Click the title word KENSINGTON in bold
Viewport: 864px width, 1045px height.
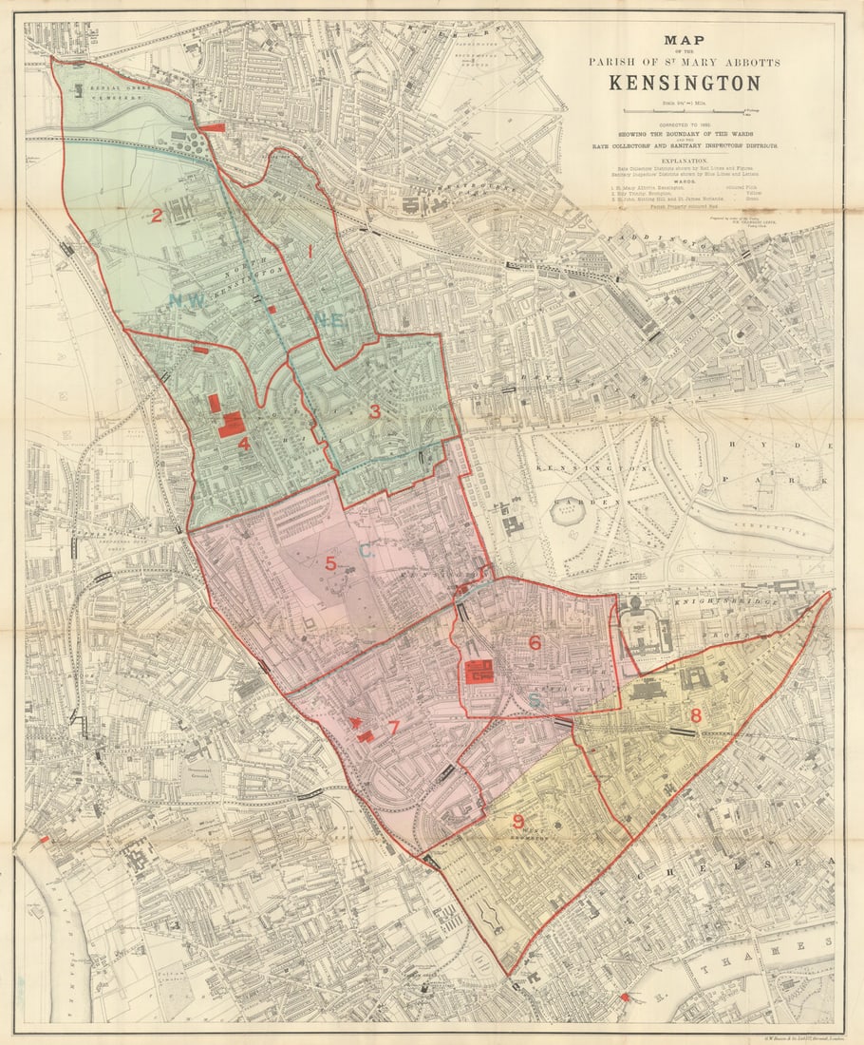pyautogui.click(x=684, y=83)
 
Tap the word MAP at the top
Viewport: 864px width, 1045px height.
pyautogui.click(x=684, y=40)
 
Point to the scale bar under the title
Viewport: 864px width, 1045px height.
pyautogui.click(x=684, y=112)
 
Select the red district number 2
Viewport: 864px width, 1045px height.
pyautogui.click(x=157, y=216)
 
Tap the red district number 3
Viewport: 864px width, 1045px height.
pyautogui.click(x=374, y=411)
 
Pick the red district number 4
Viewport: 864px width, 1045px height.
pyautogui.click(x=244, y=443)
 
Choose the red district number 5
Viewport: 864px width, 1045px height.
pyautogui.click(x=330, y=563)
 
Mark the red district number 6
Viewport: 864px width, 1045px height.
pyautogui.click(x=535, y=643)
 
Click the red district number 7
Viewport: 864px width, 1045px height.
pyautogui.click(x=393, y=729)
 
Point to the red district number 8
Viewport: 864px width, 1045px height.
pyautogui.click(x=695, y=715)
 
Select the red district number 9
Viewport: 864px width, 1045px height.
pyautogui.click(x=518, y=822)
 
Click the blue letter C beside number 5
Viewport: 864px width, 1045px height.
pyautogui.click(x=366, y=550)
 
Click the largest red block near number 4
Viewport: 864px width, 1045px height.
pyautogui.click(x=231, y=425)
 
